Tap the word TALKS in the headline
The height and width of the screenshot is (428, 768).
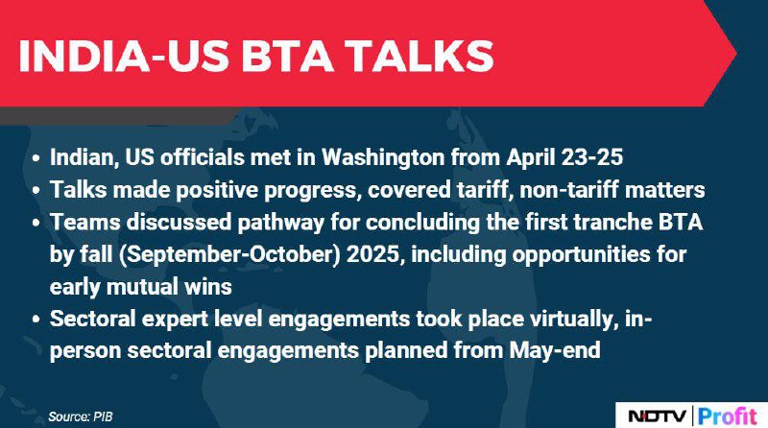(x=421, y=56)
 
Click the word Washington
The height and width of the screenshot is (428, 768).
(x=382, y=158)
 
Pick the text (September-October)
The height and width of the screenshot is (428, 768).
(x=229, y=254)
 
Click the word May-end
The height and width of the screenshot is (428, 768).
(x=555, y=351)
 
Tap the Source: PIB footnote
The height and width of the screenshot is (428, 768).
(x=81, y=416)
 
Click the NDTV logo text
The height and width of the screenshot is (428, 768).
(x=658, y=416)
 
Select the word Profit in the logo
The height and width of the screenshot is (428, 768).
(x=728, y=416)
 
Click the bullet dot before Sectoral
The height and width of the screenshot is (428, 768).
(x=36, y=320)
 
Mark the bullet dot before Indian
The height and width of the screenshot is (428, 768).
(x=36, y=158)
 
